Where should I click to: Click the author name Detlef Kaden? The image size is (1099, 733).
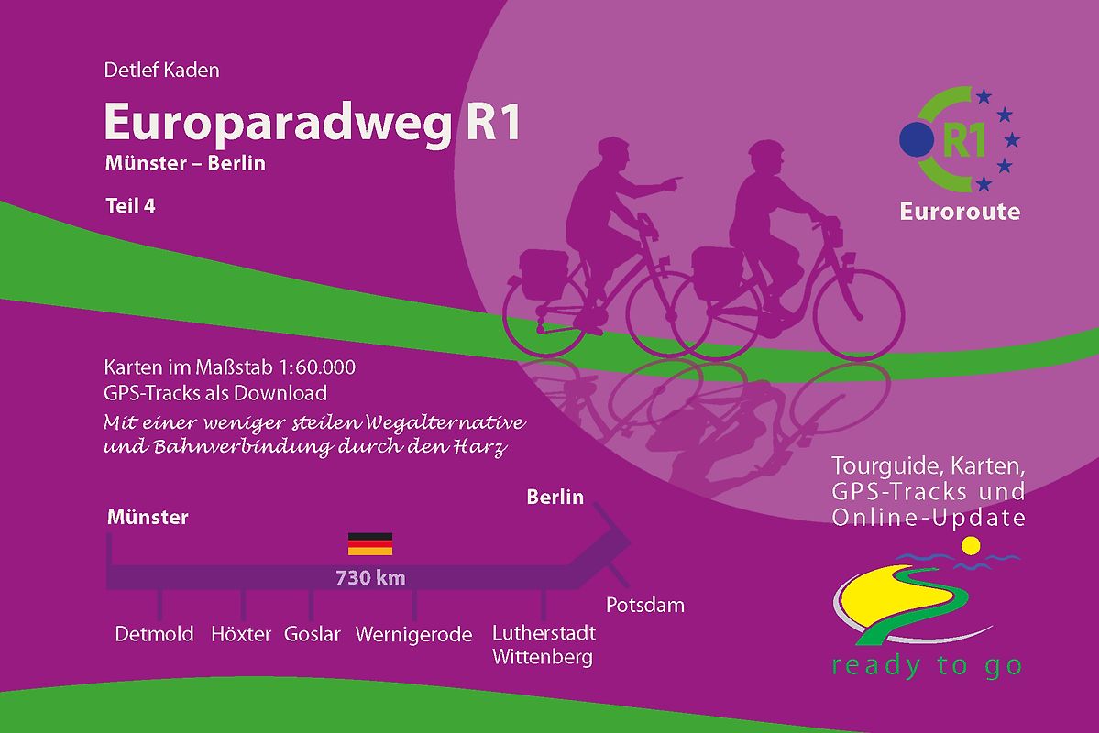[162, 70]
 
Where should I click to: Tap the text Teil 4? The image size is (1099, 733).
[130, 206]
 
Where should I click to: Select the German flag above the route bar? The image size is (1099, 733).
[370, 544]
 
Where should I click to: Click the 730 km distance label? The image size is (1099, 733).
[370, 578]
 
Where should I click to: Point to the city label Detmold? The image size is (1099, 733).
[154, 634]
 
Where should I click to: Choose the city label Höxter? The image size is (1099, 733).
[241, 634]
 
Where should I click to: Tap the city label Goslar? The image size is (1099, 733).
[313, 634]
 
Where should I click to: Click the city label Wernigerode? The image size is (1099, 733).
[413, 634]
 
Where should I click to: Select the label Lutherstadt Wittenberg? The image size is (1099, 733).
[544, 645]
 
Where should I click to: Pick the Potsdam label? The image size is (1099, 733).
[645, 606]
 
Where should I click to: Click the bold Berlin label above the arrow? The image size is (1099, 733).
[555, 498]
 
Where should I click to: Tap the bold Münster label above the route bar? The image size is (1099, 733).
[148, 518]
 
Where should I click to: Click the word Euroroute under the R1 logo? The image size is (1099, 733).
[960, 212]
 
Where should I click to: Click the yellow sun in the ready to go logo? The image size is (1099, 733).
[971, 547]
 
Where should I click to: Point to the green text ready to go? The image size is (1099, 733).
[927, 665]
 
